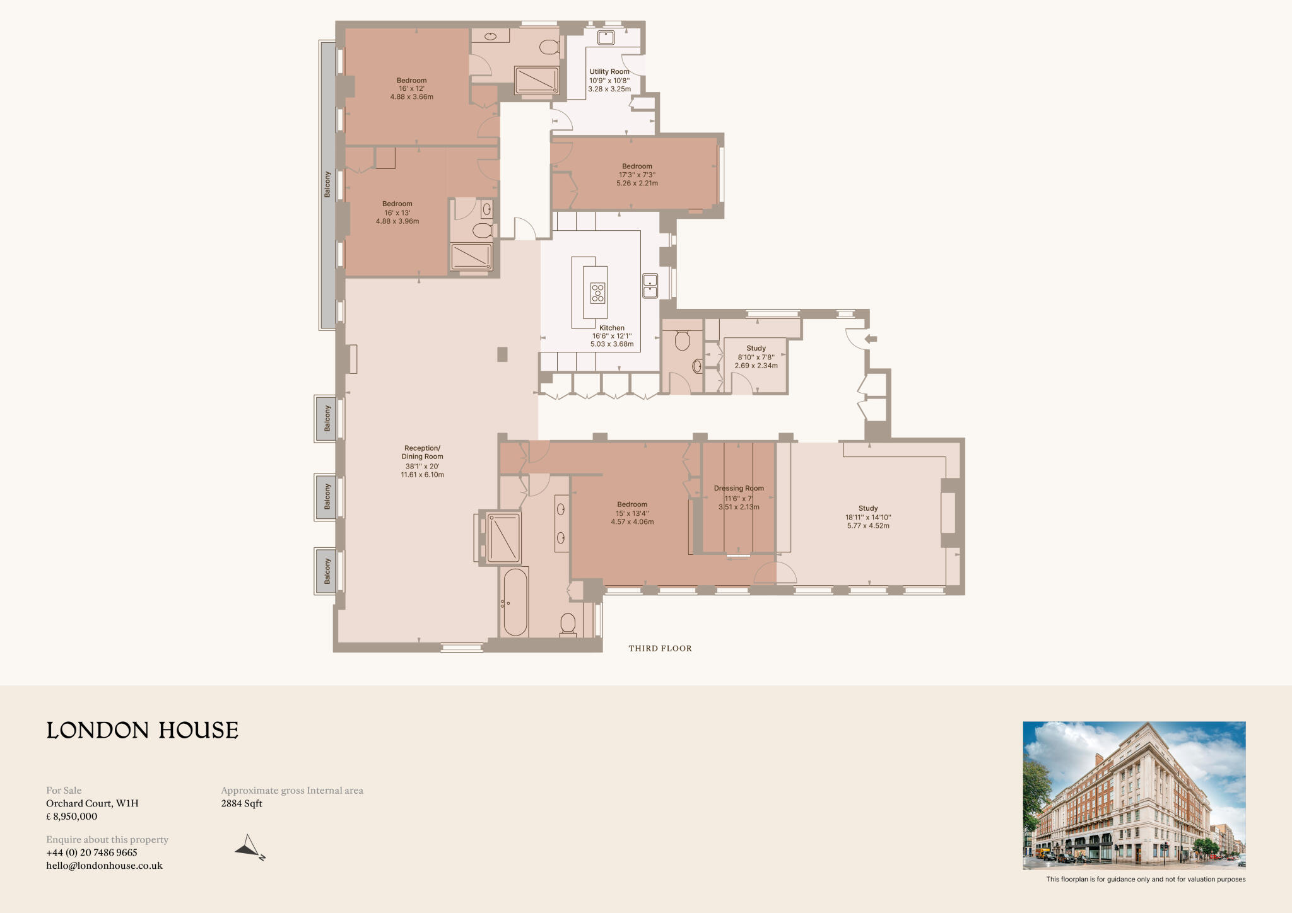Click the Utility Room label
click(609, 72)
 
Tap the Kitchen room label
click(612, 328)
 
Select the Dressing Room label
click(739, 488)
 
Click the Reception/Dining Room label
click(423, 453)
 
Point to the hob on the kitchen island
click(597, 293)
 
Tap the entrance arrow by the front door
click(871, 339)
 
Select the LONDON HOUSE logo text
click(143, 730)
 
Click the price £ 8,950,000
click(72, 817)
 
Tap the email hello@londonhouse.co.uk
click(104, 866)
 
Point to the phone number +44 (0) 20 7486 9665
click(91, 852)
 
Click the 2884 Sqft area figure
click(242, 803)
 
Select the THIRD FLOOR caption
click(660, 648)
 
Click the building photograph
click(1134, 795)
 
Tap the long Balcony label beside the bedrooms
click(327, 184)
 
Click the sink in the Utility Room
click(606, 37)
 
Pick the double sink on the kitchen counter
click(650, 286)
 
